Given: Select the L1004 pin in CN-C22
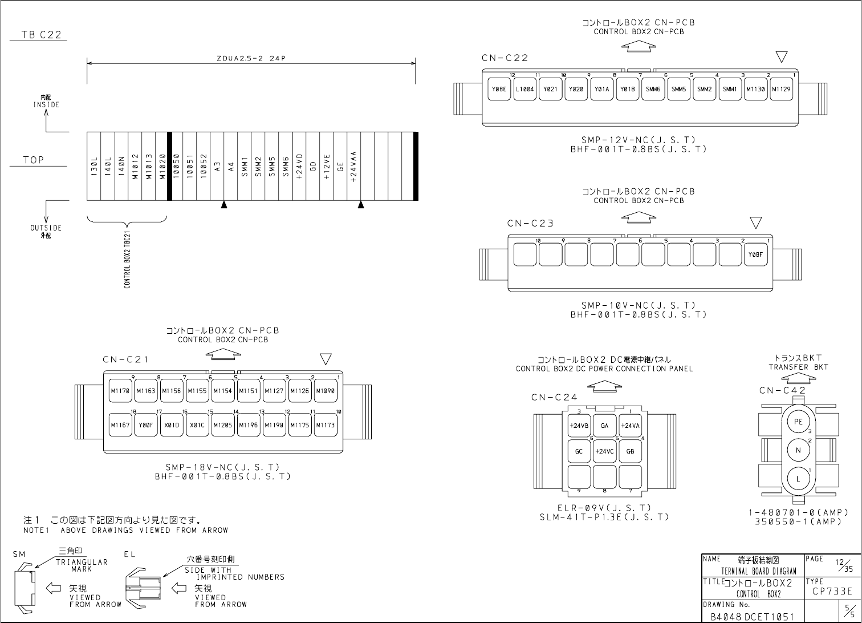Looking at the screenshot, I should click(524, 89).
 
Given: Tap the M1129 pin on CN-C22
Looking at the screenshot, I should click(781, 89).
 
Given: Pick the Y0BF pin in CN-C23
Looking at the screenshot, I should click(755, 254).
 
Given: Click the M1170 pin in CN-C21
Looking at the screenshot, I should click(120, 391).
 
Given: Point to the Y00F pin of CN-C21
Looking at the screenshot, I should click(146, 425).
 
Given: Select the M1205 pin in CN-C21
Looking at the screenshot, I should click(223, 425).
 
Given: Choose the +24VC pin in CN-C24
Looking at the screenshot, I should click(604, 451).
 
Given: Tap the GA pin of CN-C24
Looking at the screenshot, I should click(604, 426).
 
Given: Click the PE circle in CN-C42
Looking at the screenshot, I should click(798, 422).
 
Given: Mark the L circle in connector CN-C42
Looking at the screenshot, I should click(798, 479).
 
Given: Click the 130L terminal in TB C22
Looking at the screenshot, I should click(93, 167).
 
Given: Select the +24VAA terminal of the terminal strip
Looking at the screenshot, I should click(354, 167).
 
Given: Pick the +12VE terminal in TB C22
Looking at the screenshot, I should click(327, 167).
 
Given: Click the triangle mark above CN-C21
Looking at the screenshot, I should click(326, 359).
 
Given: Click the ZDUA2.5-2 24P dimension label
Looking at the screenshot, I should click(251, 58).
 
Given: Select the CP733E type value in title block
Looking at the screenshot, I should click(832, 592).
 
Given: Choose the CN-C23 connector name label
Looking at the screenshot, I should click(530, 224).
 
